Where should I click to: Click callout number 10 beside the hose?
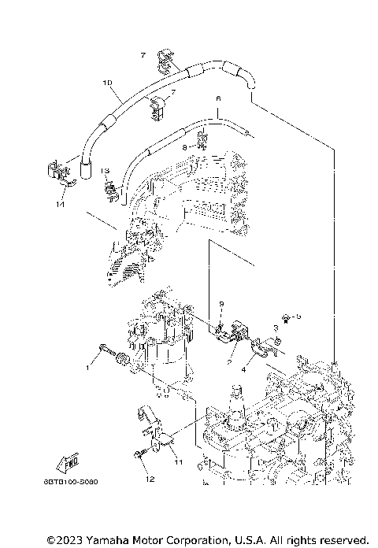tap(107, 82)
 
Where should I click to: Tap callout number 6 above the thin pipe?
tap(218, 99)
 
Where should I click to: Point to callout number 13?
tap(104, 170)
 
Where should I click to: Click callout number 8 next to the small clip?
tap(184, 146)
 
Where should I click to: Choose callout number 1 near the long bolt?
tap(89, 367)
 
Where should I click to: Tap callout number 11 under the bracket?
tap(178, 461)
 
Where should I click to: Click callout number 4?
tap(244, 368)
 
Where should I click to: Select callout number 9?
tap(221, 303)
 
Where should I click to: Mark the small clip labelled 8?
tap(201, 142)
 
